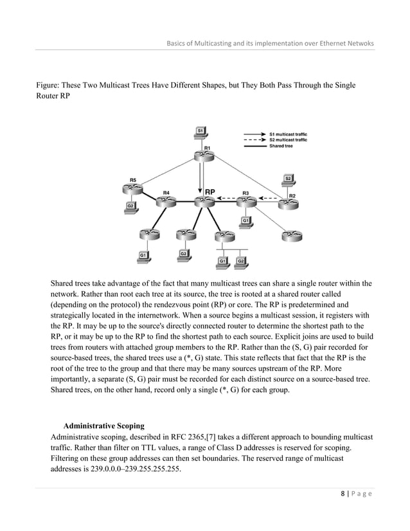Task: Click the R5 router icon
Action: pos(132,189)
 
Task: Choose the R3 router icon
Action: pos(245,201)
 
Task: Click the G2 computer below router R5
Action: pos(130,207)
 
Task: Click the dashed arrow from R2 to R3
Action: pos(269,198)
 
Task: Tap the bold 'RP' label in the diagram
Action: pos(211,192)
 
